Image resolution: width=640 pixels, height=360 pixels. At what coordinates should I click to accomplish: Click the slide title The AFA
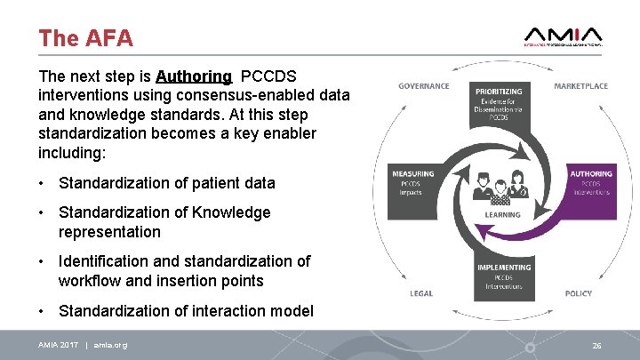[85, 38]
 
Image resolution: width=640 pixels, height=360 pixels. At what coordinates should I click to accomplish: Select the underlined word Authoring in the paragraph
[194, 76]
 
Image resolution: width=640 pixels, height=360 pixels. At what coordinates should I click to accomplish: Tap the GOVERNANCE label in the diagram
[423, 86]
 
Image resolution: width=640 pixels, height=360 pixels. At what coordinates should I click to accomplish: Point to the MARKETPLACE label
[580, 86]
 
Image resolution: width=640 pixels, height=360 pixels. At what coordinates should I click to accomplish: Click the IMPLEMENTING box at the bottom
[504, 276]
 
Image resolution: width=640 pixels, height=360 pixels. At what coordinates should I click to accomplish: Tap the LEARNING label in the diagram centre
[503, 215]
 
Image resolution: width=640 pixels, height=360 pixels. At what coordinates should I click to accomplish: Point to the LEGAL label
[421, 293]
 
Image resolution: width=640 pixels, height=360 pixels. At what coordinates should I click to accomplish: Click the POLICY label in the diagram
[578, 293]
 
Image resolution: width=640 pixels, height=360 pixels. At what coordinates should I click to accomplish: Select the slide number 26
[596, 345]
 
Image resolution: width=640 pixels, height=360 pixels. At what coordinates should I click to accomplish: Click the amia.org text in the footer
[110, 345]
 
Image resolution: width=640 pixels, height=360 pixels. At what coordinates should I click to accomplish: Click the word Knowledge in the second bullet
[228, 212]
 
